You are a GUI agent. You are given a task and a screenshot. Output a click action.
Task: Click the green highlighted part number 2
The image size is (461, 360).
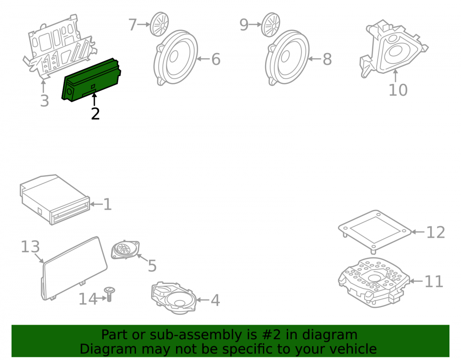pos(91,80)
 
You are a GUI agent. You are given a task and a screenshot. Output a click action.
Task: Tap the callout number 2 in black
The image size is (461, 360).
pos(95,114)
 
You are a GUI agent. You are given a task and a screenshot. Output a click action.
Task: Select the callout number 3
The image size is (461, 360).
pos(44,101)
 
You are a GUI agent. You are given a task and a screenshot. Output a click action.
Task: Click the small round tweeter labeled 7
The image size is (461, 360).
pos(160,24)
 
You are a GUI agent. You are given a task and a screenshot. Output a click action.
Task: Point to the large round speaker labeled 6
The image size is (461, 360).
pos(176,58)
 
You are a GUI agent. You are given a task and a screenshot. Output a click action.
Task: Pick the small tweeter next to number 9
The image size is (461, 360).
pos(271,25)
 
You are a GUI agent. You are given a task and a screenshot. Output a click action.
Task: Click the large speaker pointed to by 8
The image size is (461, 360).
pos(287,58)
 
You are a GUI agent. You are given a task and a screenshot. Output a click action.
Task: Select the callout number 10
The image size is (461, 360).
pos(398,89)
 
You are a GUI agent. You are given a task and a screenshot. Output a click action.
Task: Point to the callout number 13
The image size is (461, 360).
pos(30,247)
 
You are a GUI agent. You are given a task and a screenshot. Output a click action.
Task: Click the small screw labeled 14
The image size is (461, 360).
pos(109,294)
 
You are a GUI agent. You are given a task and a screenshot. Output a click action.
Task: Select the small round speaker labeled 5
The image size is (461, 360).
pos(125,250)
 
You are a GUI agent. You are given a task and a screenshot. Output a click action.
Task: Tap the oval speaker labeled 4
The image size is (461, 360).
pos(174,297)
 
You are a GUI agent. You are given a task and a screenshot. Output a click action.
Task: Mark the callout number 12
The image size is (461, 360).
pos(436,232)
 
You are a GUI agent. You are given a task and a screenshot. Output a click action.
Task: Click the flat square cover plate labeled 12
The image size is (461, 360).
pos(374,230)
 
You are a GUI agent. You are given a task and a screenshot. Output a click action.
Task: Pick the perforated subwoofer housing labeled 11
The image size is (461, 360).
pos(374,282)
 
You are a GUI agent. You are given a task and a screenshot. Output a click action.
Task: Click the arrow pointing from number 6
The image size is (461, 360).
pos(203,59)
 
